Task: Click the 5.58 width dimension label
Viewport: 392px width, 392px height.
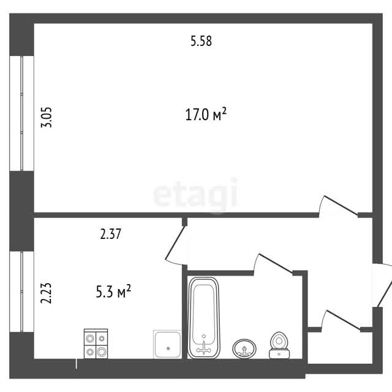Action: pyautogui.click(x=201, y=41)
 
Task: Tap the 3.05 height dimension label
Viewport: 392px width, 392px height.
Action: pyautogui.click(x=47, y=117)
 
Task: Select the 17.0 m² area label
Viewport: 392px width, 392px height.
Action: pyautogui.click(x=206, y=115)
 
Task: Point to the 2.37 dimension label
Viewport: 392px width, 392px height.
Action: pyautogui.click(x=110, y=234)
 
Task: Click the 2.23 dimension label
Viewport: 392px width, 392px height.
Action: pyautogui.click(x=47, y=293)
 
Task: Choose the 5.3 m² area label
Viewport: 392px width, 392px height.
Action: pyautogui.click(x=113, y=292)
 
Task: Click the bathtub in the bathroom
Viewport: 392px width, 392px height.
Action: pyautogui.click(x=204, y=318)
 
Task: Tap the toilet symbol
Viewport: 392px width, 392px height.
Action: pyautogui.click(x=279, y=345)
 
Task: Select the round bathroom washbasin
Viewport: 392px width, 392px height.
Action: pyautogui.click(x=244, y=349)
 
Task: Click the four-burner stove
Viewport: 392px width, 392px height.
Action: pyautogui.click(x=96, y=344)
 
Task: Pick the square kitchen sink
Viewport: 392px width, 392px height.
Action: pyautogui.click(x=167, y=344)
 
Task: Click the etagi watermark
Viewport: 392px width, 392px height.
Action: pyautogui.click(x=195, y=194)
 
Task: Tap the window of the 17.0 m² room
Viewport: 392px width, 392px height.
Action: pyautogui.click(x=22, y=113)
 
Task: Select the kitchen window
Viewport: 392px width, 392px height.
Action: pyautogui.click(x=22, y=292)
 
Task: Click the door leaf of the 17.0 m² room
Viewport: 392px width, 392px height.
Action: pyautogui.click(x=341, y=206)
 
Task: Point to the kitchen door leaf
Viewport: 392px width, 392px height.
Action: pyautogui.click(x=175, y=242)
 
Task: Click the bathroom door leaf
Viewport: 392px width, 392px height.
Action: pyautogui.click(x=276, y=263)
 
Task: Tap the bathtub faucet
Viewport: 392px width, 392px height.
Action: pyautogui.click(x=204, y=347)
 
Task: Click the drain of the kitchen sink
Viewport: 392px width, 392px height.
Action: pyautogui.click(x=168, y=349)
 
